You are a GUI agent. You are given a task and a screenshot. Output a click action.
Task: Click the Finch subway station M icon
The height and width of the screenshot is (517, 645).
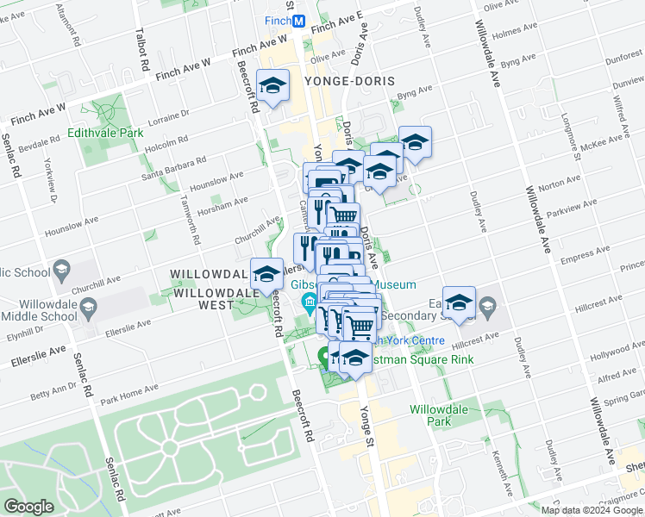tap(298, 21)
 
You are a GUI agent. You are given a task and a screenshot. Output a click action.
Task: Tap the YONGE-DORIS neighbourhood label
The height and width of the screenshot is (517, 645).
tap(349, 81)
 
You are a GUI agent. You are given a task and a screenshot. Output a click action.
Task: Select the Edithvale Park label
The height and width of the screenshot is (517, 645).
tap(106, 134)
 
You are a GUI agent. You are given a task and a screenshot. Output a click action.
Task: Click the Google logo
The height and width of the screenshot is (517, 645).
tap(28, 507)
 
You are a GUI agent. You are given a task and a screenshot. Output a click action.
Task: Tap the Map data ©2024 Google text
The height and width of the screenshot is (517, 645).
tap(591, 509)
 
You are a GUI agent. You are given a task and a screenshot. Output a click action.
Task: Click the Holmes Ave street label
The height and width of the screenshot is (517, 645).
tap(519, 34)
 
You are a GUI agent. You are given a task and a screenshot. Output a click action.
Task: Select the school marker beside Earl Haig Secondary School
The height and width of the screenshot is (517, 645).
tap(459, 302)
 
